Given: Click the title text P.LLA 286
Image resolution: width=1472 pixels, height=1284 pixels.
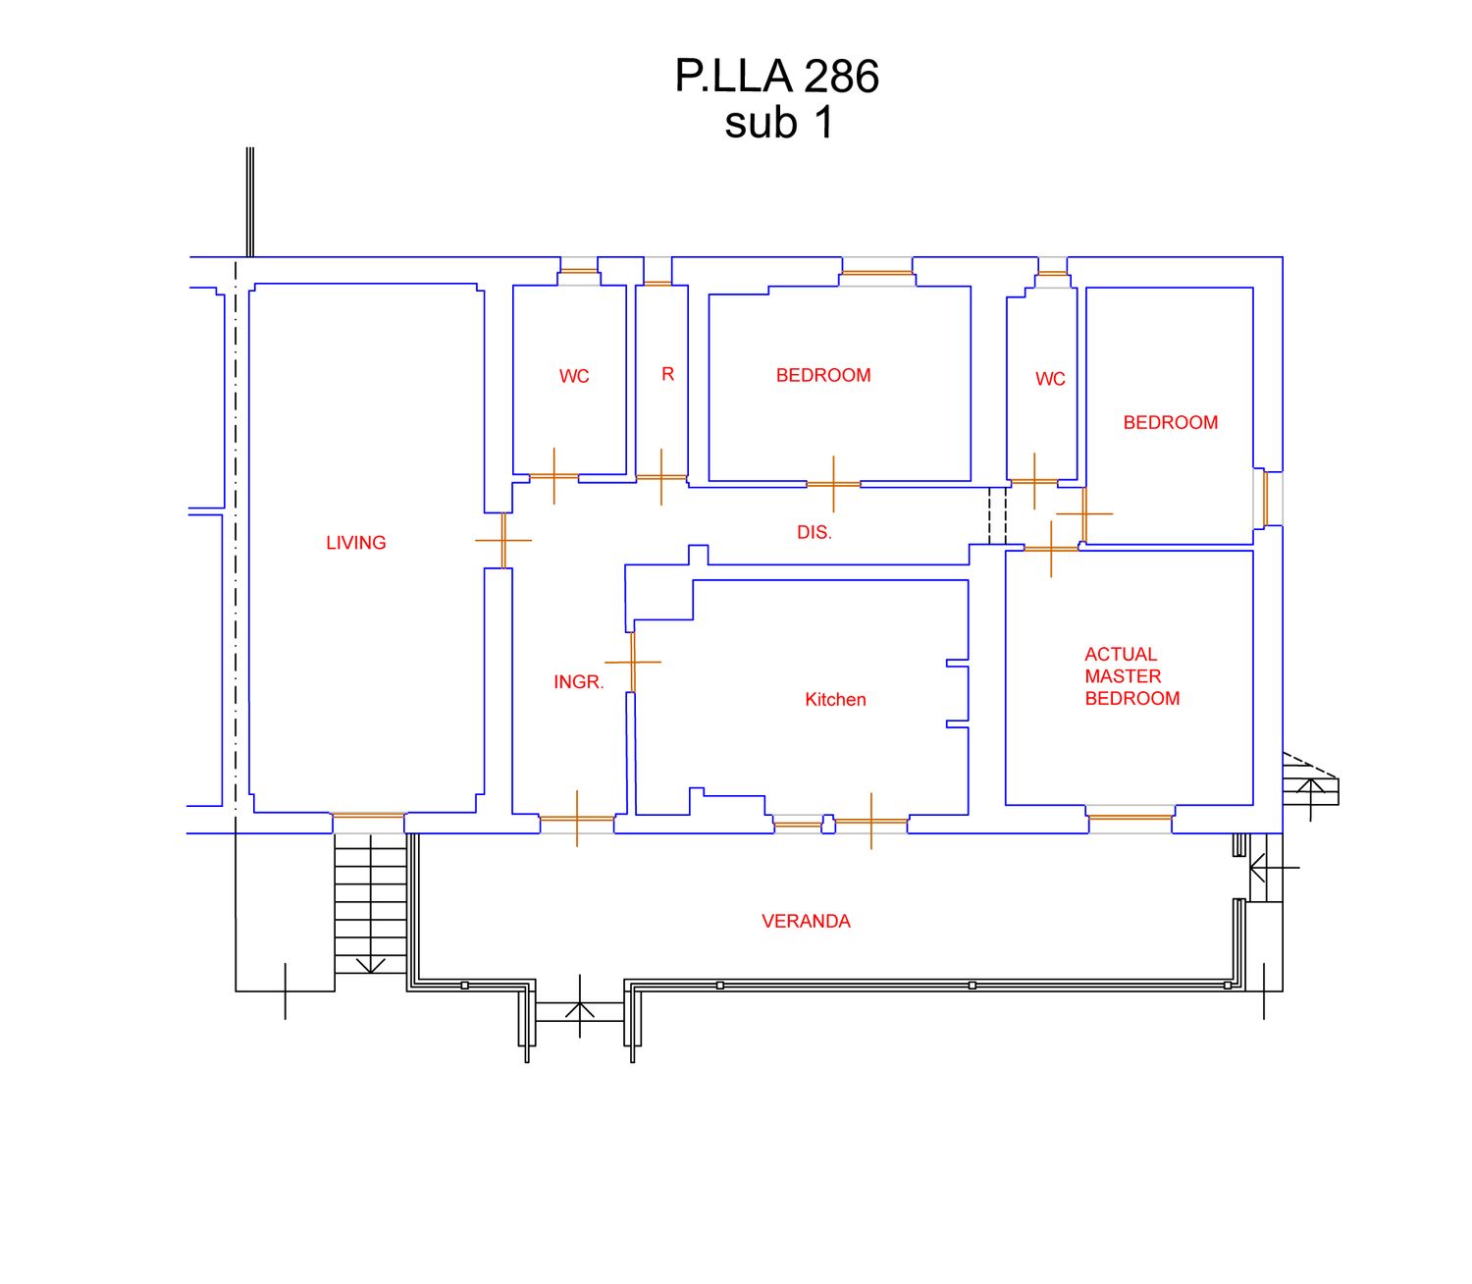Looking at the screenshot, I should pyautogui.click(x=776, y=77).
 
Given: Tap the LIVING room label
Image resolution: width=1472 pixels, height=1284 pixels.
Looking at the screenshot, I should pyautogui.click(x=355, y=543).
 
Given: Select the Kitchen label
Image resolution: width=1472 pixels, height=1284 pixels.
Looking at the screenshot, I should pyautogui.click(x=835, y=700).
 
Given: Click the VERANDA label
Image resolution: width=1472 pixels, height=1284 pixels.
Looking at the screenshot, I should pyautogui.click(x=806, y=922).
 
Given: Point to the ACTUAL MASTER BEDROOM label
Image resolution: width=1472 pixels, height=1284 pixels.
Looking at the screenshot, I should pyautogui.click(x=1131, y=676).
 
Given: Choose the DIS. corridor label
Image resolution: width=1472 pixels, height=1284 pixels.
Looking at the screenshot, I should pyautogui.click(x=814, y=533).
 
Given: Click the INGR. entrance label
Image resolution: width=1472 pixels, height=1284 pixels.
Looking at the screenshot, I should pyautogui.click(x=578, y=682).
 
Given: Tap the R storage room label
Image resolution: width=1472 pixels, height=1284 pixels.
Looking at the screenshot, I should pyautogui.click(x=667, y=374).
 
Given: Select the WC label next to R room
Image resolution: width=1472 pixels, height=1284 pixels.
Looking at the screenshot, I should pyautogui.click(x=574, y=376).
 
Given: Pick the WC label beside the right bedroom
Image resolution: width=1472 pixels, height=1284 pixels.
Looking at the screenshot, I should pyautogui.click(x=1049, y=379).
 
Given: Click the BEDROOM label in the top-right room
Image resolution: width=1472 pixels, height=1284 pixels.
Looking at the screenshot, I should pyautogui.click(x=1170, y=423).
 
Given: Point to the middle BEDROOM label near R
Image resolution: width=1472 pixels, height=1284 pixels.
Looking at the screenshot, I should pyautogui.click(x=822, y=375).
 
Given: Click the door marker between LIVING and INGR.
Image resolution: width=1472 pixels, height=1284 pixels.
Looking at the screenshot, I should pyautogui.click(x=503, y=540).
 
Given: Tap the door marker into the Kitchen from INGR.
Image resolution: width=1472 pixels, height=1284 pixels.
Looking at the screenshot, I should pyautogui.click(x=633, y=662).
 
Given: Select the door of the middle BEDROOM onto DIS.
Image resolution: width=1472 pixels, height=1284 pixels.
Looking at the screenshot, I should pyautogui.click(x=833, y=484).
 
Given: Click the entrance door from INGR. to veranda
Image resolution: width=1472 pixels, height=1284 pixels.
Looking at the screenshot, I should pyautogui.click(x=577, y=819).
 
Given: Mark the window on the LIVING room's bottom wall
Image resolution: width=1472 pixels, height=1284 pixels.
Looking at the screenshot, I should pyautogui.click(x=368, y=815).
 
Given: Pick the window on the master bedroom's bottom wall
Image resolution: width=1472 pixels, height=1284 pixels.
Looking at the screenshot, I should pyautogui.click(x=1130, y=817).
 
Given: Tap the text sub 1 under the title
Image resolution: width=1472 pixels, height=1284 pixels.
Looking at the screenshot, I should pyautogui.click(x=779, y=124).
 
